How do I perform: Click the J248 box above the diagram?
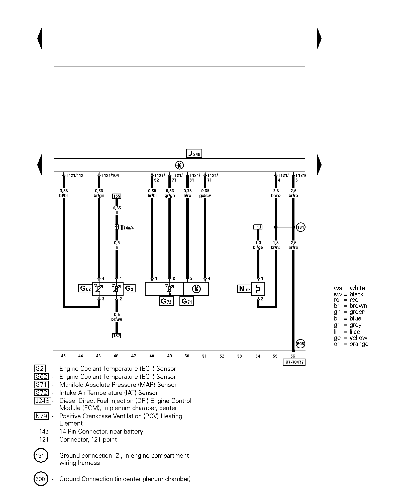point(194,153)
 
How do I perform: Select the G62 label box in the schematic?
point(85,288)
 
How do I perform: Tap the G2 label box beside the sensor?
point(129,288)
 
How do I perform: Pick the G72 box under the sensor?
point(166,301)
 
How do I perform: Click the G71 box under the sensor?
point(186,301)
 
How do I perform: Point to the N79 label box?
point(244,289)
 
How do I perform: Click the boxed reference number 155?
point(117,196)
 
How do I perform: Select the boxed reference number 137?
point(117,336)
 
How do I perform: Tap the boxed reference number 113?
point(258,227)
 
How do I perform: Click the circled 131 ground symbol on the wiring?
point(300,227)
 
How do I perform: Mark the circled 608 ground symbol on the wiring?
point(300,344)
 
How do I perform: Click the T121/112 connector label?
point(74,175)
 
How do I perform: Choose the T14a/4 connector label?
point(127,228)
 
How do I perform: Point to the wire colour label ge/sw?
point(205,196)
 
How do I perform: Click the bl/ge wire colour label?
point(258,247)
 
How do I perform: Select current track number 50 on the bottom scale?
point(187,356)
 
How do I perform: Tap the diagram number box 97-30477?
point(294,362)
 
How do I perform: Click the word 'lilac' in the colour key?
point(355,331)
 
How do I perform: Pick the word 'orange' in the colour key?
point(359,344)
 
